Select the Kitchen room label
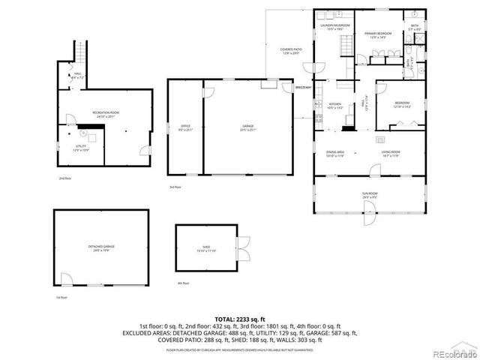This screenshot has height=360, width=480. tap(335, 106)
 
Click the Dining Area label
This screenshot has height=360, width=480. tap(334, 154)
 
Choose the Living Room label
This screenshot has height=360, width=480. tap(391, 154)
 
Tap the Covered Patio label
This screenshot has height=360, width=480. tap(290, 51)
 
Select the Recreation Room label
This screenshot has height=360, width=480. tap(106, 114)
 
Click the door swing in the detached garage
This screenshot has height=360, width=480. tap(68, 280)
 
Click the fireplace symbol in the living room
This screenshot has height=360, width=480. tap(380, 140)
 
